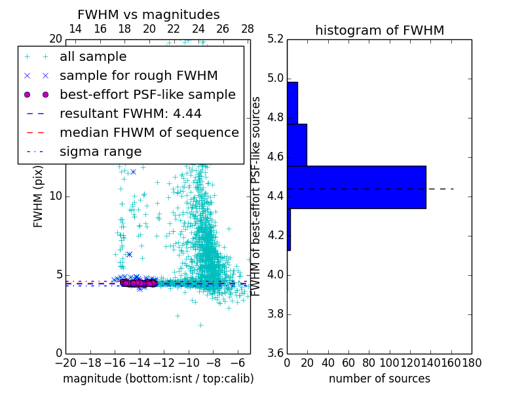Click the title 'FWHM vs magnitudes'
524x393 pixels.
coord(149,14)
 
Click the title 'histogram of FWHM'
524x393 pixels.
coord(379,30)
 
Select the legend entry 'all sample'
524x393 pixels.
coord(93,57)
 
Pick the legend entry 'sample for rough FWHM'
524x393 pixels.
coord(138,76)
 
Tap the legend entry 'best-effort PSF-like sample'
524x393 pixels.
coord(147,95)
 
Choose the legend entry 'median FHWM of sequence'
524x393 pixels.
coord(149,133)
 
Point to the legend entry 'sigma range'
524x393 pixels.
coord(100,152)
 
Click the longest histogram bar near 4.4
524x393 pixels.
coord(356,187)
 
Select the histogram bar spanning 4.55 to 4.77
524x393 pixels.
coord(297,145)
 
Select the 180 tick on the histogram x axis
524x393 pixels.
coord(472,362)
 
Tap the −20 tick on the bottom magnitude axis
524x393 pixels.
coord(65,362)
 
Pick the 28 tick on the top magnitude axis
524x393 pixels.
coord(248,29)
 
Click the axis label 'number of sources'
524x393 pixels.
coord(379,379)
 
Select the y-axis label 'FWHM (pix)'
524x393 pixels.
coord(39,196)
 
